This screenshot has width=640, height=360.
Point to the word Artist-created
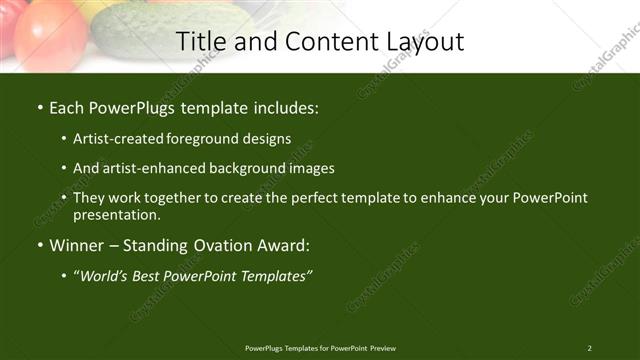(x=121, y=139)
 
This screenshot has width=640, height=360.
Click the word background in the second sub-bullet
(x=255, y=168)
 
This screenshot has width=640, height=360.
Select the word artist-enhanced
(x=159, y=168)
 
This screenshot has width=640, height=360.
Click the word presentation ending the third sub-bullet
(x=116, y=215)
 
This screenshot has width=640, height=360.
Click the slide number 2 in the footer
(x=590, y=348)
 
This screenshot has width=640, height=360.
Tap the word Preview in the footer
(x=383, y=348)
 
